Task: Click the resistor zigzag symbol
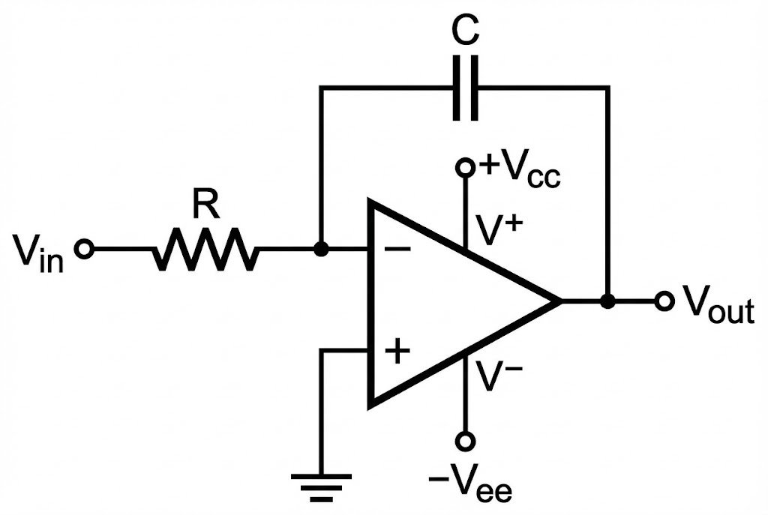[x=205, y=250]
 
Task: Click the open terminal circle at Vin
[x=85, y=250]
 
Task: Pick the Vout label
[x=716, y=304]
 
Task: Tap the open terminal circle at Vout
[x=662, y=301]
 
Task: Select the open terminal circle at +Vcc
[x=466, y=167]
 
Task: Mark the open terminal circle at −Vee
[x=466, y=440]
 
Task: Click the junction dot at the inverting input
[x=321, y=250]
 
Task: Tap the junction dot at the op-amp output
[x=608, y=301]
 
